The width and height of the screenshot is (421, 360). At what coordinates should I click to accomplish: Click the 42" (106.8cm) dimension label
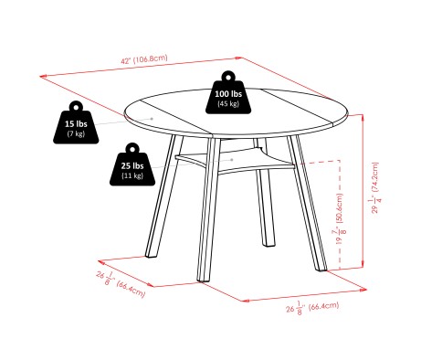(x=144, y=59)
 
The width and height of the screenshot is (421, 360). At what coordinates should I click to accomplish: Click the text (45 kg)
(x=228, y=103)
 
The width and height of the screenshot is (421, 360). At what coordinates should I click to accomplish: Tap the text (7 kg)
(x=76, y=133)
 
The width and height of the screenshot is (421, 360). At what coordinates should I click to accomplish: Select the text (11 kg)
(x=132, y=175)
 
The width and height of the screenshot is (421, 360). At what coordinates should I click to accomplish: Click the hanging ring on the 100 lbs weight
(x=228, y=76)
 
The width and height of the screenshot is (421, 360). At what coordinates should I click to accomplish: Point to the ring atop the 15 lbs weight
(x=76, y=106)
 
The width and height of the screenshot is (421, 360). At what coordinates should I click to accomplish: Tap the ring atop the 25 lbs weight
(x=132, y=148)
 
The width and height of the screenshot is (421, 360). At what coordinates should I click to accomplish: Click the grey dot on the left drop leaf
(x=152, y=119)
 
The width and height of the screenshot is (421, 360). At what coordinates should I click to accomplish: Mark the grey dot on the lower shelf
(x=232, y=160)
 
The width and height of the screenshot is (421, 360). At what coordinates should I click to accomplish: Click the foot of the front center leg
(x=204, y=279)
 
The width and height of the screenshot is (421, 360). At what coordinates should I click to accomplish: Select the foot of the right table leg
(x=321, y=268)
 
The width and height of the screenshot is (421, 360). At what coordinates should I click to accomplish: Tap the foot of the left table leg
(x=151, y=255)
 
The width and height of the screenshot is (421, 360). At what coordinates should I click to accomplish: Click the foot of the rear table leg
(x=269, y=243)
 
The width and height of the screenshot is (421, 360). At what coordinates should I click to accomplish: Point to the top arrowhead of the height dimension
(x=363, y=117)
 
